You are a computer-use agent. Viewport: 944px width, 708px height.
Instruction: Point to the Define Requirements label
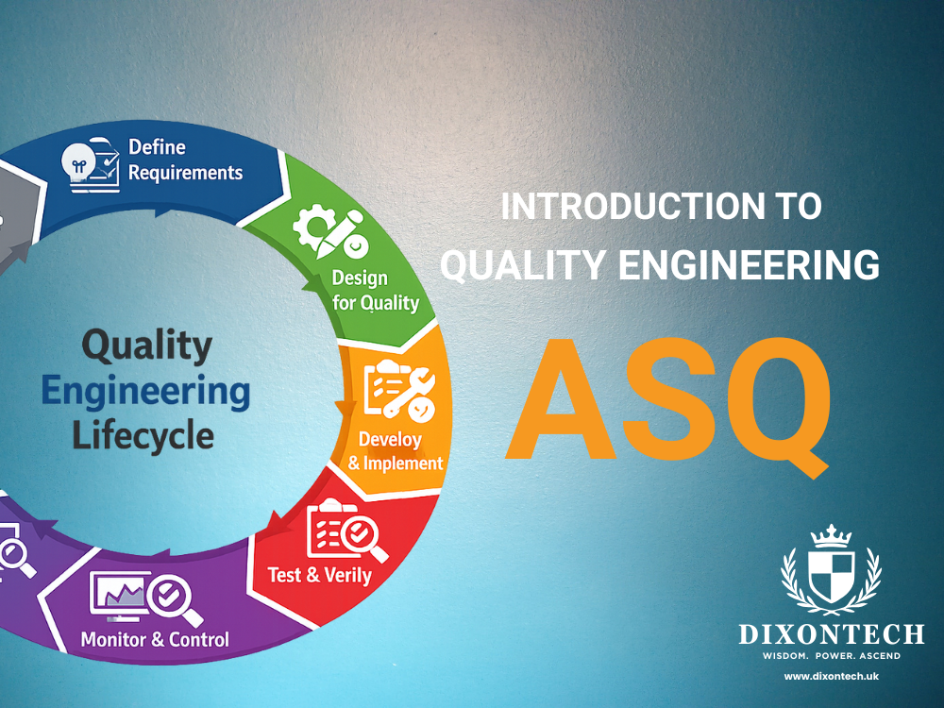click(185, 160)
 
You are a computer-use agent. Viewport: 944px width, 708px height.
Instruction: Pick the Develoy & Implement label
click(395, 451)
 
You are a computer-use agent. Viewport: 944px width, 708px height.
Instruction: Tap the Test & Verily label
click(319, 574)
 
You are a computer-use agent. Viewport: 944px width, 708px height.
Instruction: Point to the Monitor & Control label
click(155, 639)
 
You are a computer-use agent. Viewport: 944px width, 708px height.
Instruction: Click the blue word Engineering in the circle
click(146, 391)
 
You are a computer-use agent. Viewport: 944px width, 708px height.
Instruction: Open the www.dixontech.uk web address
click(831, 677)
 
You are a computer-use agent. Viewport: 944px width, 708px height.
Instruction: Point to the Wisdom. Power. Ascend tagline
click(831, 655)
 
